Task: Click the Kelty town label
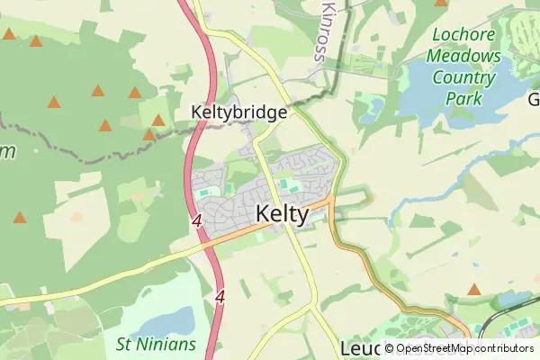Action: [283, 215]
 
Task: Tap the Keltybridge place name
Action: [239, 112]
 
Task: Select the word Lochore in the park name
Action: [464, 36]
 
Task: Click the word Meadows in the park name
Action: [463, 56]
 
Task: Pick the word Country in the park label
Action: [463, 77]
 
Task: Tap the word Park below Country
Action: [476, 98]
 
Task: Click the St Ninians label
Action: [156, 344]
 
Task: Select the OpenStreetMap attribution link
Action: [440, 349]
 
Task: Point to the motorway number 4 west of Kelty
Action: [195, 220]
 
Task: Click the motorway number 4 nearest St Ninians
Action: [220, 295]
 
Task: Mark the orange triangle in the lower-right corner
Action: [474, 290]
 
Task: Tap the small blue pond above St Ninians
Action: [170, 320]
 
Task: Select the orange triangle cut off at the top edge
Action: [440, 3]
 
